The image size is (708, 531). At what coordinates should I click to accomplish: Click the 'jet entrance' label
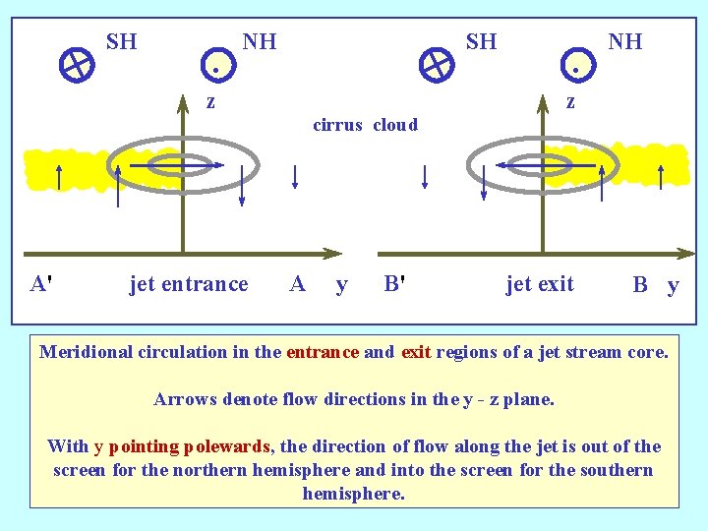pyautogui.click(x=189, y=284)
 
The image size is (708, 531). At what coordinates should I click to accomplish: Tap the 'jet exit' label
pyautogui.click(x=540, y=284)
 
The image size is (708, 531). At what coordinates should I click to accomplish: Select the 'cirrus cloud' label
pyautogui.click(x=365, y=125)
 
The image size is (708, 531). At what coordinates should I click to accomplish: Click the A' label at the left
pyautogui.click(x=41, y=284)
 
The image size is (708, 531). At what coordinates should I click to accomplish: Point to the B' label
pyautogui.click(x=395, y=284)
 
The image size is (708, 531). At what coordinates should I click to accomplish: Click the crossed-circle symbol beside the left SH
pyautogui.click(x=76, y=65)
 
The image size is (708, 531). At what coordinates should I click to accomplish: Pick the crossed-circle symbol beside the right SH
pyautogui.click(x=435, y=65)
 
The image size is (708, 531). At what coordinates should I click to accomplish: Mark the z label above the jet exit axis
pyautogui.click(x=569, y=101)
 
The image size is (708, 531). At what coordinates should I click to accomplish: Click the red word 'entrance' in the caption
pyautogui.click(x=322, y=352)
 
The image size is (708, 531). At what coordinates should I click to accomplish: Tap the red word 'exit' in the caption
pyautogui.click(x=416, y=352)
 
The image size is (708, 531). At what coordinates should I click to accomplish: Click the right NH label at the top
pyautogui.click(x=624, y=41)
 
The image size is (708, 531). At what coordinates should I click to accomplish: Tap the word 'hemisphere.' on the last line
pyautogui.click(x=354, y=494)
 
